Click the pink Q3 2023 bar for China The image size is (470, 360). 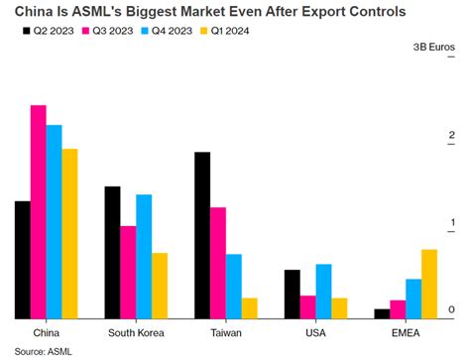[x=38, y=212]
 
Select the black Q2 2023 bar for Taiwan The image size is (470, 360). [x=202, y=236]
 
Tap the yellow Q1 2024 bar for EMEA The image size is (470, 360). [x=429, y=285]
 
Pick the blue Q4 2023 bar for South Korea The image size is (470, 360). [x=144, y=257]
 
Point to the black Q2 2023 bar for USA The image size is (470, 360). [x=292, y=295]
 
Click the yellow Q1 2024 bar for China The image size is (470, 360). [x=69, y=234]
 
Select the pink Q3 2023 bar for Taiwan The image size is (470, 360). [x=218, y=263]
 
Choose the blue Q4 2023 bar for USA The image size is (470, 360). [x=323, y=292]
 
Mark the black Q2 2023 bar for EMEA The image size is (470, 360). [x=382, y=314]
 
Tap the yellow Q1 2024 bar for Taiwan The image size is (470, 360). [x=250, y=308]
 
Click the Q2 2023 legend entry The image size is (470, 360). [x=46, y=31]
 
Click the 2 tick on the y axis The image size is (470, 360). [x=451, y=136]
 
